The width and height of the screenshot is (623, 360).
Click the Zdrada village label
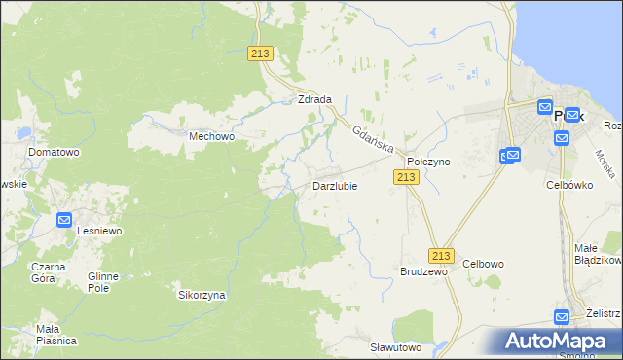314,99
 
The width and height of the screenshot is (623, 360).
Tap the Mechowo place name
212,137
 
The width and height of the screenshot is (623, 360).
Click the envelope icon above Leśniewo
65,220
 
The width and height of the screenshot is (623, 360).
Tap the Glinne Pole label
102,282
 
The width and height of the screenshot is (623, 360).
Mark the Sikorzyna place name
202,294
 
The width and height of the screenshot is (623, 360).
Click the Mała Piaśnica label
56,334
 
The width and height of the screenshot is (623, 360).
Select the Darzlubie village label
334,186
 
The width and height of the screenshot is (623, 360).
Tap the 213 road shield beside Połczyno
406,176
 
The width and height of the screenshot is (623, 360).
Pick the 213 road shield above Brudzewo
442,255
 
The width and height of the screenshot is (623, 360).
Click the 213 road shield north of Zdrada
260,54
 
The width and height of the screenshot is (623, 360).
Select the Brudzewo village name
423,272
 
